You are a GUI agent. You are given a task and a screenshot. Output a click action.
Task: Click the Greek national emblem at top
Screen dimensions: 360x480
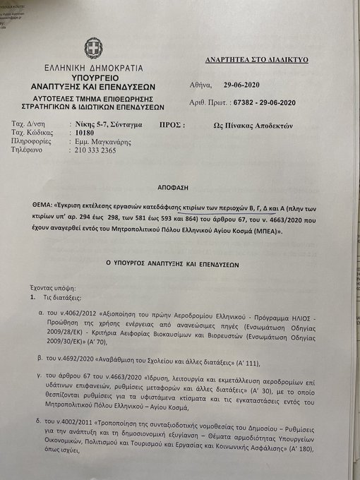(x=92, y=49)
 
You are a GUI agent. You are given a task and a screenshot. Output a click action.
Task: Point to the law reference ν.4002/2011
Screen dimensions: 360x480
(x=80, y=421)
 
